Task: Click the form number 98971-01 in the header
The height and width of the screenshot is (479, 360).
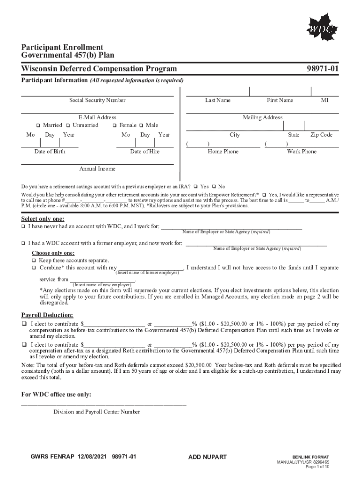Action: coord(322,69)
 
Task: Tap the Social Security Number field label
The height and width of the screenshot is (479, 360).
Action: coord(97,100)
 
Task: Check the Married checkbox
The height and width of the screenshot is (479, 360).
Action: coord(38,125)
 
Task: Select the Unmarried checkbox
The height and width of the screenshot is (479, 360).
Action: coord(68,125)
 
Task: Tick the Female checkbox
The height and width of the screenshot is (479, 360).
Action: coord(115,125)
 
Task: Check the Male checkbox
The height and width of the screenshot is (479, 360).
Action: coord(141,125)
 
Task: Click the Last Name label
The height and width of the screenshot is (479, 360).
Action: coord(217,100)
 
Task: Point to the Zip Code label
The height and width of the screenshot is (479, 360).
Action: coord(321,135)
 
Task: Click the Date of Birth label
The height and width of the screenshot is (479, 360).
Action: coord(50,152)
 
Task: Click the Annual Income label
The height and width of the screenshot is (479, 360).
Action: coord(97,168)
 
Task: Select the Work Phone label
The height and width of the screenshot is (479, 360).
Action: coord(302,152)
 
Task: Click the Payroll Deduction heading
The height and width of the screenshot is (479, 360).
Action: coord(47,315)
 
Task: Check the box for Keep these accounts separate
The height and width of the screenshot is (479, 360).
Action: coord(34,260)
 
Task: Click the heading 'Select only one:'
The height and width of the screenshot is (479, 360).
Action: coord(43,219)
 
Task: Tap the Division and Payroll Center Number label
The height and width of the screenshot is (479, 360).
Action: coord(96,412)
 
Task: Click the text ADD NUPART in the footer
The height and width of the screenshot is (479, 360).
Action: coord(207,457)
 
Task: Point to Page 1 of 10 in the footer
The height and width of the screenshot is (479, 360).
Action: coord(317,467)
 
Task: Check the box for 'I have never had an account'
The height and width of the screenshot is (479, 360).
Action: coord(23,227)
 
